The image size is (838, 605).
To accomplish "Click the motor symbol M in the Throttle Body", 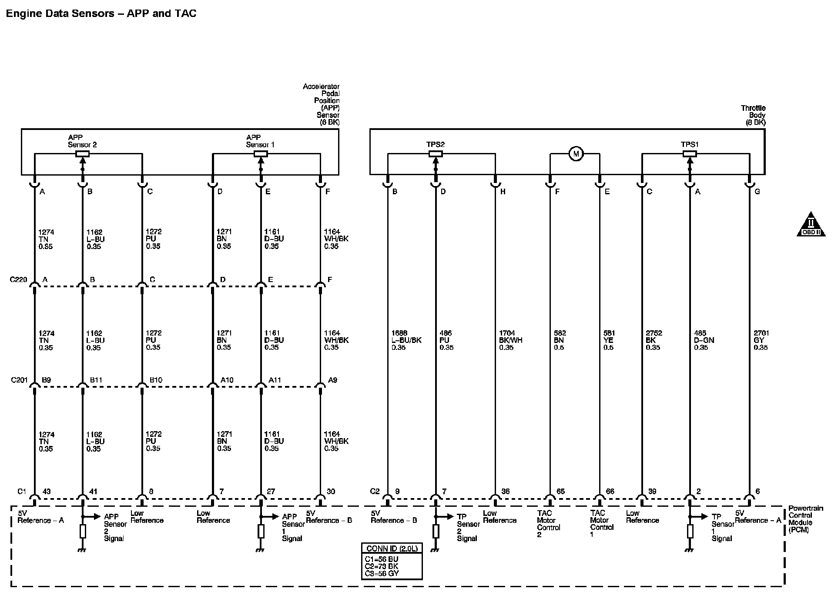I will coord(576,154).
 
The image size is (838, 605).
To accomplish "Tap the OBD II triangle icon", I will coord(811,225).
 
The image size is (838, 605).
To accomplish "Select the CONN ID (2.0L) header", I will coord(392,548).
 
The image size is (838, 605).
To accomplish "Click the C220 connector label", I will coord(18,279).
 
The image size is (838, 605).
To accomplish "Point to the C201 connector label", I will coord(19,380).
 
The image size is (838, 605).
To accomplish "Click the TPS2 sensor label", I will coord(435,145).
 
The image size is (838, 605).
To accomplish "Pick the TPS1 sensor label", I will coord(690,145).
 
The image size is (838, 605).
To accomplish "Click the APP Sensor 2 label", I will coord(82,141).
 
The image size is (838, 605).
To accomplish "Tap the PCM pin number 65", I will coord(560,492).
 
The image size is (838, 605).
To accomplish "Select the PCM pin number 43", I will coord(46,492).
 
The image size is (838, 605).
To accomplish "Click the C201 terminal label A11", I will coord(275,380).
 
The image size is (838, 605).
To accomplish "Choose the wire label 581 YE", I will coord(609,340).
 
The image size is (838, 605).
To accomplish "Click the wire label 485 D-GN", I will coord(704,340).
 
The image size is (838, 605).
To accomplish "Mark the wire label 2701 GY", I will coord(761,340).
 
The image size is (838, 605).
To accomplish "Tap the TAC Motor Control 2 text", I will coord(548,524).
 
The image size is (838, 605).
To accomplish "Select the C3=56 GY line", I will coord(382,573).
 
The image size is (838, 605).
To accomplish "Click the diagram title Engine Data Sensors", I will coord(101,13).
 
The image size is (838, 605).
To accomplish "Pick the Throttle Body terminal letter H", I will coord(503,192).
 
